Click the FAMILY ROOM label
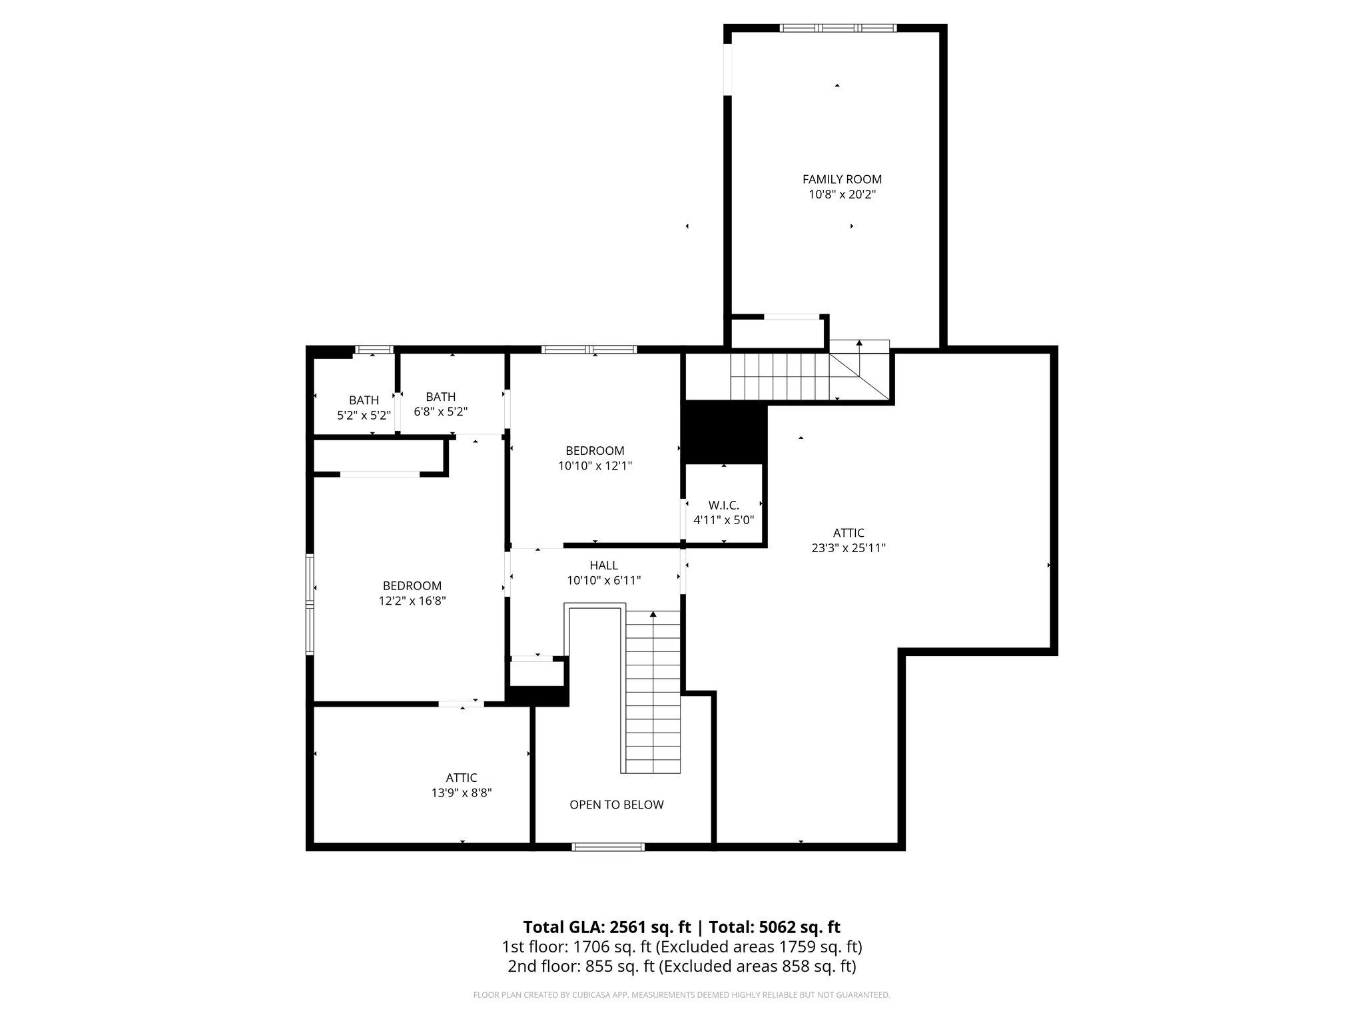click(x=842, y=179)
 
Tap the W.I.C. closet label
click(x=723, y=505)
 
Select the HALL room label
click(x=603, y=565)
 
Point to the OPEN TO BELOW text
click(x=616, y=805)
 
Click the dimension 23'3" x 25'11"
click(x=849, y=548)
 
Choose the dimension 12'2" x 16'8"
click(x=412, y=601)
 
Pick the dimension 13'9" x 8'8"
click(x=461, y=793)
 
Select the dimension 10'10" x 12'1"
click(x=595, y=466)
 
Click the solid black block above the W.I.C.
click(x=724, y=432)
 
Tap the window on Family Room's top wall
click(x=838, y=28)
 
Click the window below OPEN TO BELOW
click(x=608, y=847)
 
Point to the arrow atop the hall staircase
click(x=653, y=613)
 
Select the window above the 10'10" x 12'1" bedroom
click(x=589, y=349)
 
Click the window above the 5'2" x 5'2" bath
click(x=373, y=349)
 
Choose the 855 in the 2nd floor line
click(x=597, y=966)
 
